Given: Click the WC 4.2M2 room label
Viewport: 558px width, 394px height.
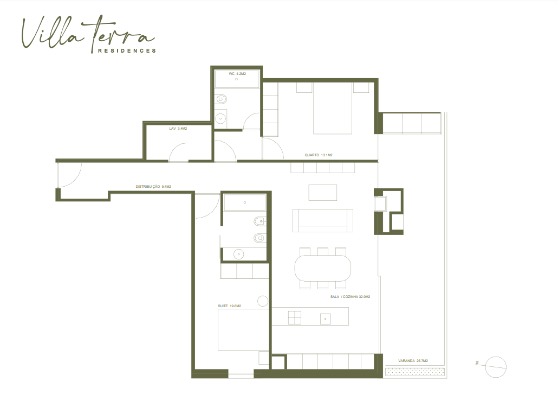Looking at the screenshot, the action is (237, 74).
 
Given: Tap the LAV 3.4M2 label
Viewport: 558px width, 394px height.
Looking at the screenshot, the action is (178, 129).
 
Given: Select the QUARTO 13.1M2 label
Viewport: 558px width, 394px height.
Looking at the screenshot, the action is (318, 155).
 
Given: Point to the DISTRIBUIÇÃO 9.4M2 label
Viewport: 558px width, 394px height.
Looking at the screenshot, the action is (153, 187).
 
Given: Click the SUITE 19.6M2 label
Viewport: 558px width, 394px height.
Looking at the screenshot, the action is (229, 306).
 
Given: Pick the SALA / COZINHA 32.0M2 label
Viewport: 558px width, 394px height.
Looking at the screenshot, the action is (350, 297).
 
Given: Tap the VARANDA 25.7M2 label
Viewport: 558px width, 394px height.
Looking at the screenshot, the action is (413, 361).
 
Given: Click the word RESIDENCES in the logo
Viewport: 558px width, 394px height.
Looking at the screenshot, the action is (127, 50).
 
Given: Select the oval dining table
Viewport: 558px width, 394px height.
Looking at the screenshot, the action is (323, 268).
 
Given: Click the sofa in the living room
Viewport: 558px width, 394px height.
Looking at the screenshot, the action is (323, 220).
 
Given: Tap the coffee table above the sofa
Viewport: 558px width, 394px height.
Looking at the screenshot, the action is (323, 193).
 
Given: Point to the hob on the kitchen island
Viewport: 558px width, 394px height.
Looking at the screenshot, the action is (294, 317).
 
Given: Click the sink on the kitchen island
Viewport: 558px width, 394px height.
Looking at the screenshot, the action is (325, 319).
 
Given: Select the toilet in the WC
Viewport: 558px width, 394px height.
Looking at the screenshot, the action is (221, 99).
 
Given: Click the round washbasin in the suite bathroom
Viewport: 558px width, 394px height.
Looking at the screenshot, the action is (238, 254).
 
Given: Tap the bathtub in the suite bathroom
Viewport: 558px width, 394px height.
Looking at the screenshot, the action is (244, 202).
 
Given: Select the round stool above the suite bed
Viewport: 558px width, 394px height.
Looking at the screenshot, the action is (263, 301).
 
